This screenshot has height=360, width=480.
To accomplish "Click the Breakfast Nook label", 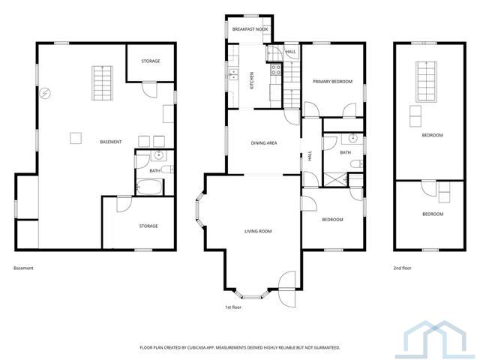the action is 250,29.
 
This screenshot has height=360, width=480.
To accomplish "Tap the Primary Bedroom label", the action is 332,82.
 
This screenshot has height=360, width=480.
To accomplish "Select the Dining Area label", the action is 264,143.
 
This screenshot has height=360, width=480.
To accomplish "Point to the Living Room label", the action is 258,232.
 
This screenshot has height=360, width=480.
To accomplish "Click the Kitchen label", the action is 252,80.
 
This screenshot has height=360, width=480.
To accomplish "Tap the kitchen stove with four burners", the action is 275,70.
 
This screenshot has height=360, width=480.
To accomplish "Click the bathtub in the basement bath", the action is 149,187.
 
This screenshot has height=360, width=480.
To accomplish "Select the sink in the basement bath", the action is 159,155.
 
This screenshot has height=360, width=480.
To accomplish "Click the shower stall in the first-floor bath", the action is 336,180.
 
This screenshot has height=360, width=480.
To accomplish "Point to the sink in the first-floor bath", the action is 352,139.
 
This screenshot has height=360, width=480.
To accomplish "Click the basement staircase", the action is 103,83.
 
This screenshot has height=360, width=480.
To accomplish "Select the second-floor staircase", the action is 426,82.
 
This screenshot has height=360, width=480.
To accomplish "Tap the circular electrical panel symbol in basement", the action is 45,93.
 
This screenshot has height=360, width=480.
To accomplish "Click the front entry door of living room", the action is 287,289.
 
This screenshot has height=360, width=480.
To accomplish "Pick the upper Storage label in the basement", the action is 151,61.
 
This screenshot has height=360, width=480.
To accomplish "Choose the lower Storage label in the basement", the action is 148,226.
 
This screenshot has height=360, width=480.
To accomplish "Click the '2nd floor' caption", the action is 402,268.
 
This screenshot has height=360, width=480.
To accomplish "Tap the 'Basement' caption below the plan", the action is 23,268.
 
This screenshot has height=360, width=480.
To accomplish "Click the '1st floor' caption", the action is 233,307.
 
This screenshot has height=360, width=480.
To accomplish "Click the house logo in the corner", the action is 434,340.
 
